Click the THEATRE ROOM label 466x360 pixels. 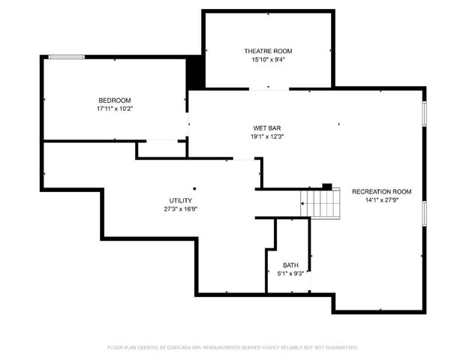click(268, 51)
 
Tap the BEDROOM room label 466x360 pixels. click(115, 100)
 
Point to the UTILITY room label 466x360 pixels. click(180, 201)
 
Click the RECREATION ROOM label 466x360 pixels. click(381, 191)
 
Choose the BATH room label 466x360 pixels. click(290, 265)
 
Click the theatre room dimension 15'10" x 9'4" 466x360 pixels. click(268, 59)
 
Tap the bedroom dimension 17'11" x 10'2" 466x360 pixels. click(115, 109)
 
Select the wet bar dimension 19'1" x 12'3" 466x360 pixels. click(267, 136)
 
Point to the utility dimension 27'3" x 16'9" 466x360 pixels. click(180, 209)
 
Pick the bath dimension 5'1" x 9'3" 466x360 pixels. click(290, 274)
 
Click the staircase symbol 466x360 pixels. click(320, 202)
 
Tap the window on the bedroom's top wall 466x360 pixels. click(66, 57)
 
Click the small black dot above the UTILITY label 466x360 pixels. click(194, 188)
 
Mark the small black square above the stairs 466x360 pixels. click(327, 185)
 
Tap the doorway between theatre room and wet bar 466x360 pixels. click(269, 90)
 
